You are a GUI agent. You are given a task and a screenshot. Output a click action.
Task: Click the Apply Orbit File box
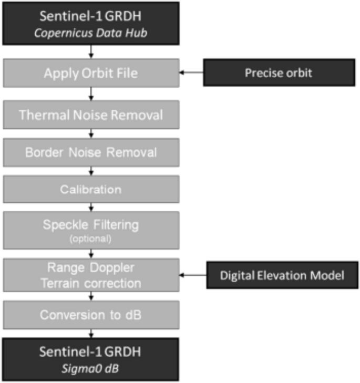pyautogui.click(x=91, y=73)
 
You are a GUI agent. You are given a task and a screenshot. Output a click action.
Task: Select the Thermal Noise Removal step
pyautogui.click(x=91, y=115)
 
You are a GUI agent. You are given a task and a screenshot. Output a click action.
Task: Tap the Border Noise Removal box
pyautogui.click(x=91, y=153)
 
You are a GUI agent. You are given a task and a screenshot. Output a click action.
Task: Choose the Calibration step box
pyautogui.click(x=91, y=189)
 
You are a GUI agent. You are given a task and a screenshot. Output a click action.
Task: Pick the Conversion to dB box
pyautogui.click(x=91, y=315)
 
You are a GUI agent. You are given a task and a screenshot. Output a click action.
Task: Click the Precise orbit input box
pyautogui.click(x=278, y=73)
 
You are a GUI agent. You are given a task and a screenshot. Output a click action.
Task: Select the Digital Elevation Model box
pyautogui.click(x=282, y=274)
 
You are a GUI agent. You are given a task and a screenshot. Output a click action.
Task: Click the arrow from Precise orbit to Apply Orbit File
pyautogui.click(x=191, y=73)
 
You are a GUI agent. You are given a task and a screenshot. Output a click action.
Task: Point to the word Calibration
pyautogui.click(x=91, y=189)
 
